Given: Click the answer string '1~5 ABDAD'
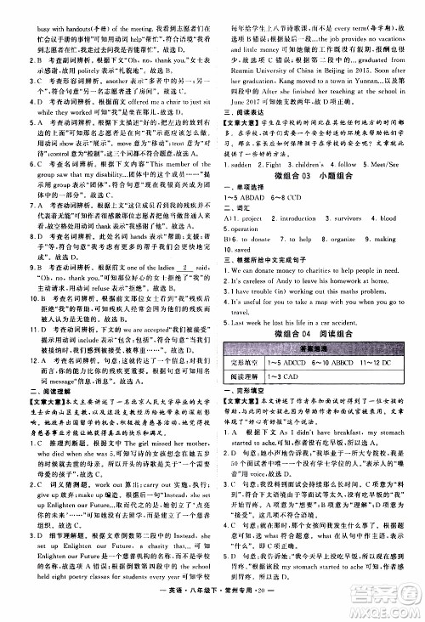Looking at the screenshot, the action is [x=252, y=197].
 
